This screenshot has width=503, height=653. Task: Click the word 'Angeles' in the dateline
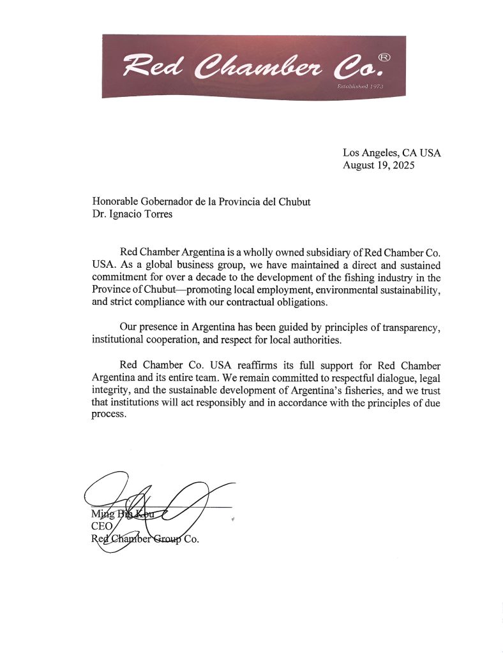382,153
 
